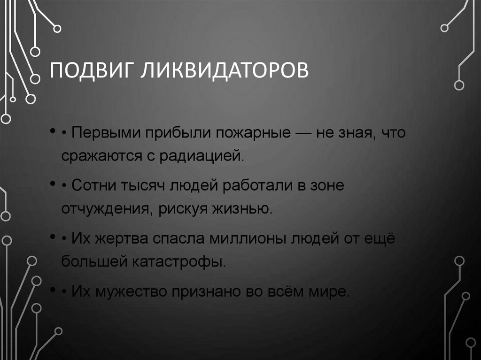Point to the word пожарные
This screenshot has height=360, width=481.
[x=253, y=133]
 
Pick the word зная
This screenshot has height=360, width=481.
[x=357, y=133]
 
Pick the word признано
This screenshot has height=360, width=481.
[x=205, y=291]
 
